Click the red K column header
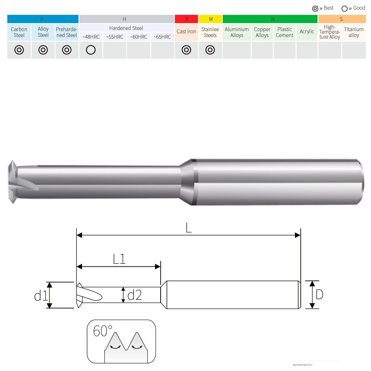pos(187,19)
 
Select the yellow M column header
pos(210,19)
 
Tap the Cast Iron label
pos(186,32)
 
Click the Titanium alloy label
pos(354,32)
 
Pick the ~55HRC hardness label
pos(115,37)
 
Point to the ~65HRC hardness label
pos(162,37)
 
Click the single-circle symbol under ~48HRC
pos(91,50)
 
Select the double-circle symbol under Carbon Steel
pos(19,50)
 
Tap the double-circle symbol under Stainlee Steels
pos(210,50)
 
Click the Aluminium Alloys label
pos(237,32)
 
